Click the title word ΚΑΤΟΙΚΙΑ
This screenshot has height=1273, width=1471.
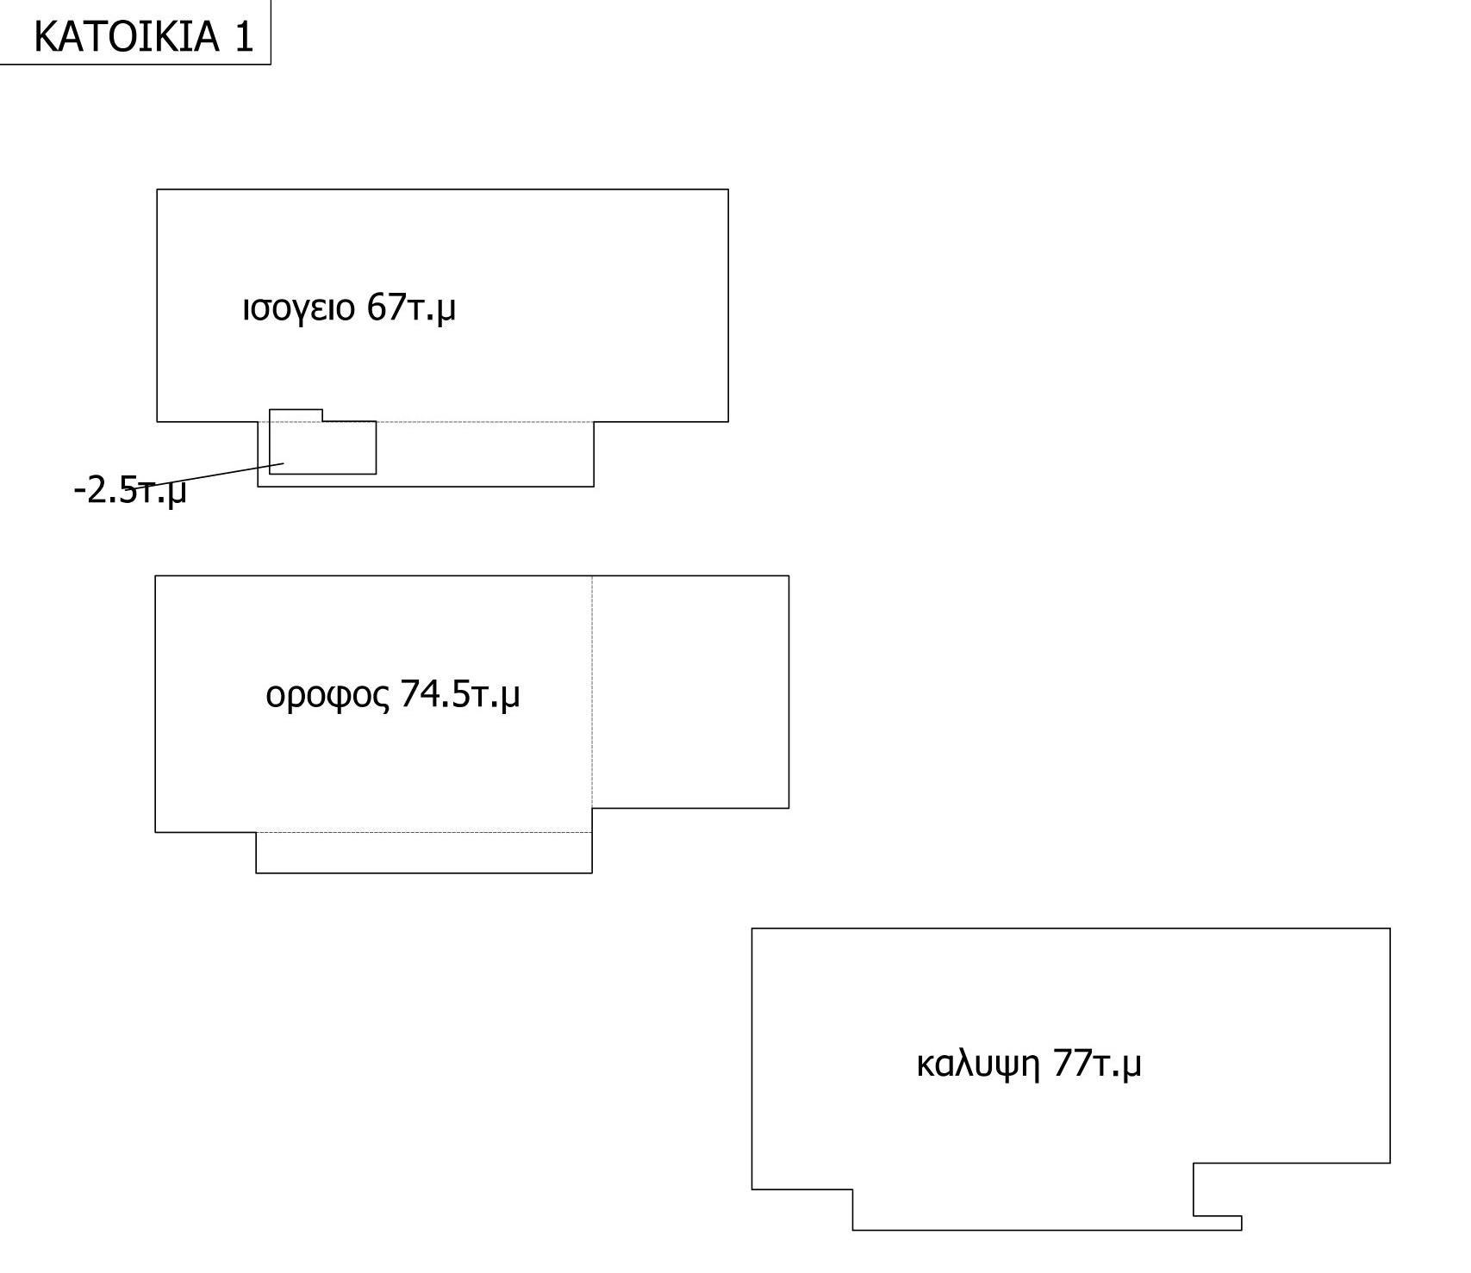coord(127,37)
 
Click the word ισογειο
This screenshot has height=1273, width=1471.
coord(298,307)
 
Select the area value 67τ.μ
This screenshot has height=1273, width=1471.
coord(411,307)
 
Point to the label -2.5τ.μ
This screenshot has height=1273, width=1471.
coord(130,492)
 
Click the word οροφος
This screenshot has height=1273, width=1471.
coord(327,695)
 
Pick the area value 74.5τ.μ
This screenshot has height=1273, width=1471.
coord(460,694)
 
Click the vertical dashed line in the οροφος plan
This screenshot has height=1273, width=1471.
coord(592,692)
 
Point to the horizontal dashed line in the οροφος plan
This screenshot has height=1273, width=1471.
coord(424,832)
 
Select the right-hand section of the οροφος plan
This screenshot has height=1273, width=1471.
coord(690,692)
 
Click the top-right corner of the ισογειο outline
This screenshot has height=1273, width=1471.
coord(728,189)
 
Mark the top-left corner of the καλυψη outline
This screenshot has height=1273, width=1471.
coord(752,928)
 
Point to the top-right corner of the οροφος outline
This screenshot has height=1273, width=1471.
coord(788,576)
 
